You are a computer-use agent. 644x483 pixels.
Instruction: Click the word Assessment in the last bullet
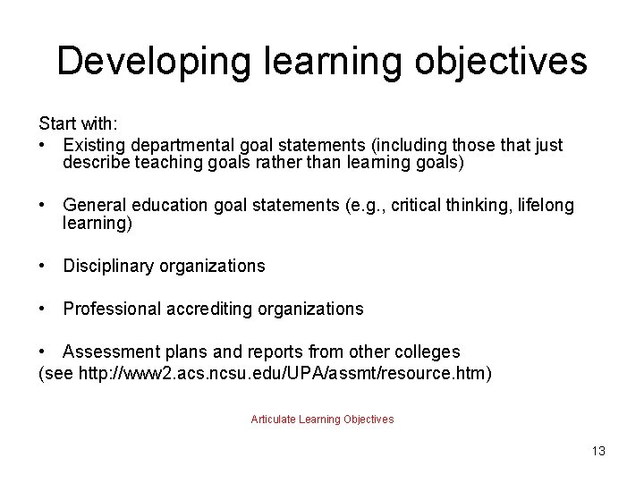click(x=107, y=352)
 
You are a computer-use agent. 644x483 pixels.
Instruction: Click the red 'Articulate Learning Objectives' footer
click(x=322, y=419)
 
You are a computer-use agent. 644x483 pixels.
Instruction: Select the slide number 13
click(x=597, y=451)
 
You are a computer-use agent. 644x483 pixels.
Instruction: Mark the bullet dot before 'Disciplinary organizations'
click(x=43, y=266)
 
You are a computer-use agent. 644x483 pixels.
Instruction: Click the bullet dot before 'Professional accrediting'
click(x=43, y=309)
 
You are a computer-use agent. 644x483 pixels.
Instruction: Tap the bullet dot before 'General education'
click(x=43, y=206)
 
